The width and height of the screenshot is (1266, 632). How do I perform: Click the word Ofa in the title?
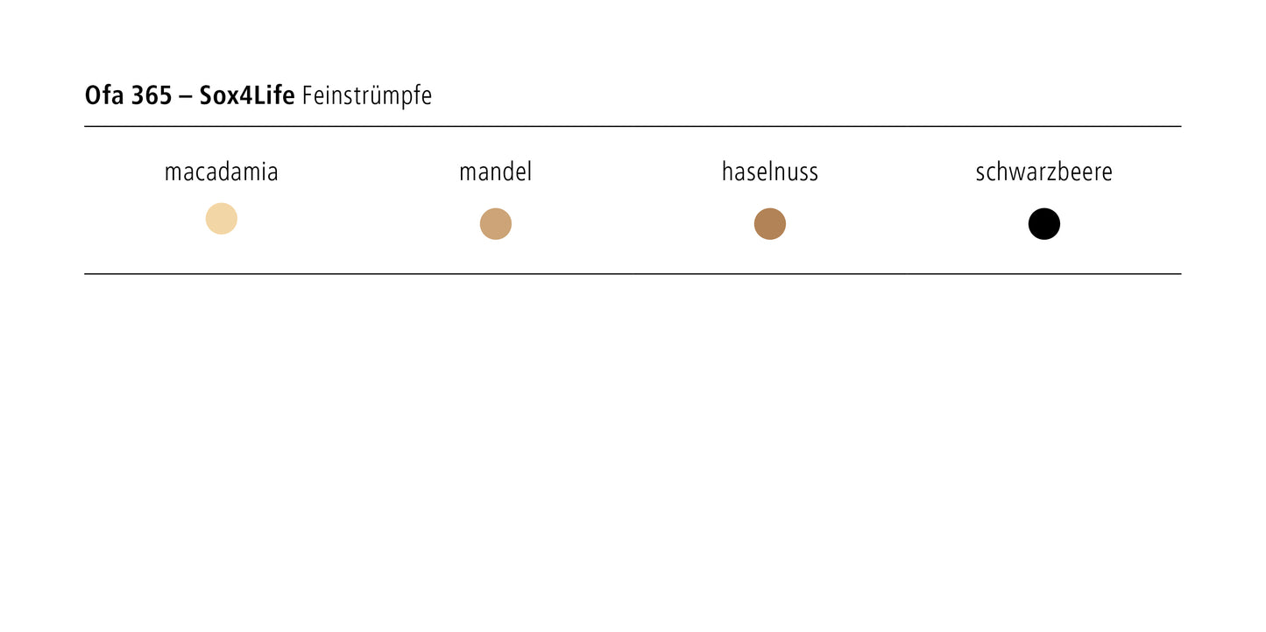[x=104, y=95]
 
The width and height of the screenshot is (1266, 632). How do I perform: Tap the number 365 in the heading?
[x=152, y=95]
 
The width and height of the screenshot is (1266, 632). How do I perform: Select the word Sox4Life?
[x=247, y=95]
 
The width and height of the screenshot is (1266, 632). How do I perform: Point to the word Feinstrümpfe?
[x=367, y=96]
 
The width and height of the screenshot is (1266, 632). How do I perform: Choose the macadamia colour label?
[x=221, y=172]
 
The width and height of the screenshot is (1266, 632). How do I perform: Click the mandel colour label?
[x=496, y=172]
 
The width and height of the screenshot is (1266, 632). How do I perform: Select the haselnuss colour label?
[x=770, y=172]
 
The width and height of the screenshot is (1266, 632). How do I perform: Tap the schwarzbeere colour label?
[x=1043, y=172]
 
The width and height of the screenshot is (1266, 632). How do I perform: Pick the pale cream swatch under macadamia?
[x=222, y=219]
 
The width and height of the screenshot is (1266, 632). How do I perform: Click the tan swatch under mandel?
[x=496, y=224]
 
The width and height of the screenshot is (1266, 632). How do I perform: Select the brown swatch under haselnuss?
[x=770, y=224]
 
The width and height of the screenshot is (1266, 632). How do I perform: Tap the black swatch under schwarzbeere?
[x=1043, y=224]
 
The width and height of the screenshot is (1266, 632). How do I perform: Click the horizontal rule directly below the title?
[x=633, y=127]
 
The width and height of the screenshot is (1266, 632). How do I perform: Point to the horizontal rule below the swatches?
[x=633, y=274]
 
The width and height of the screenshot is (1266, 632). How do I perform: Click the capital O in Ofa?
[x=92, y=95]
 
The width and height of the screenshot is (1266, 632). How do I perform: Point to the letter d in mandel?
[x=506, y=172]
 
